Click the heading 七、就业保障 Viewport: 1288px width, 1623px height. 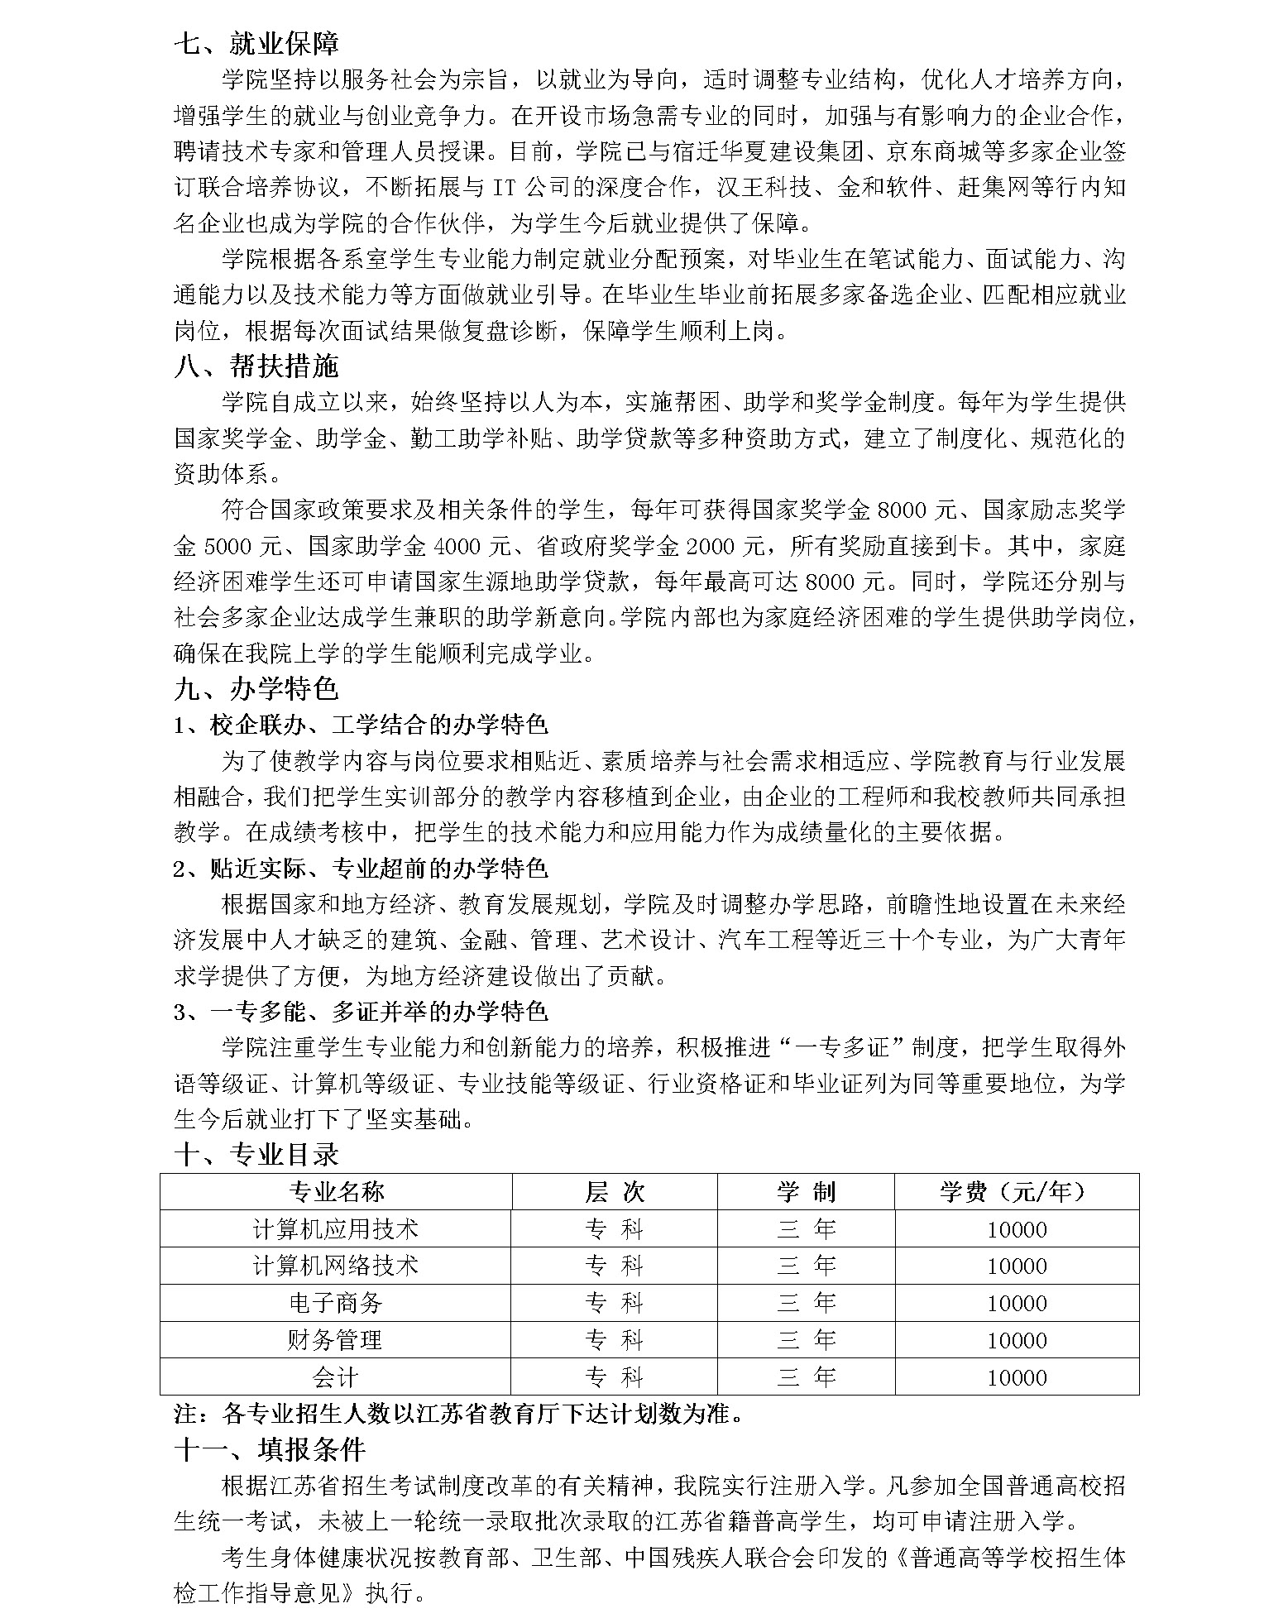pyautogui.click(x=256, y=43)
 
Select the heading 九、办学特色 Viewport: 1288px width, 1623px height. pyautogui.click(x=256, y=689)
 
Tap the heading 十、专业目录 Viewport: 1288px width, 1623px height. pyautogui.click(x=256, y=1154)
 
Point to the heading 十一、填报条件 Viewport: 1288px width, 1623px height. pyautogui.click(x=270, y=1449)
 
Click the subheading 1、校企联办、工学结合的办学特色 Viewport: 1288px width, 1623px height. pyautogui.click(x=361, y=725)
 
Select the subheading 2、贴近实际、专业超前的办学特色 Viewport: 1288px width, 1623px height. pyautogui.click(x=361, y=869)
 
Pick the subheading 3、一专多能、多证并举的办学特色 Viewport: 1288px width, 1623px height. pyautogui.click(x=361, y=1012)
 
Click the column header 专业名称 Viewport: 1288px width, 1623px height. pyautogui.click(x=336, y=1192)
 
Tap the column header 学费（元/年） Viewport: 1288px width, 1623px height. pyautogui.click(x=1016, y=1192)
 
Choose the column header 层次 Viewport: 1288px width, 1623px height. pyautogui.click(x=614, y=1192)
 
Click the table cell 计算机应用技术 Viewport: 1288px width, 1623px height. pyautogui.click(x=336, y=1229)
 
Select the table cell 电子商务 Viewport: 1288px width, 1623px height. pyautogui.click(x=336, y=1303)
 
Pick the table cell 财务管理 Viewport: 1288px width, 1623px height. pyautogui.click(x=336, y=1340)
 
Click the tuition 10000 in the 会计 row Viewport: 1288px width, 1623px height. pyautogui.click(x=1017, y=1377)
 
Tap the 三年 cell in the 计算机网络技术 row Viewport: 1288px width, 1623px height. pyautogui.click(x=806, y=1266)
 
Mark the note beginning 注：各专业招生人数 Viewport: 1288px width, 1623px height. pyautogui.click(x=459, y=1414)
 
